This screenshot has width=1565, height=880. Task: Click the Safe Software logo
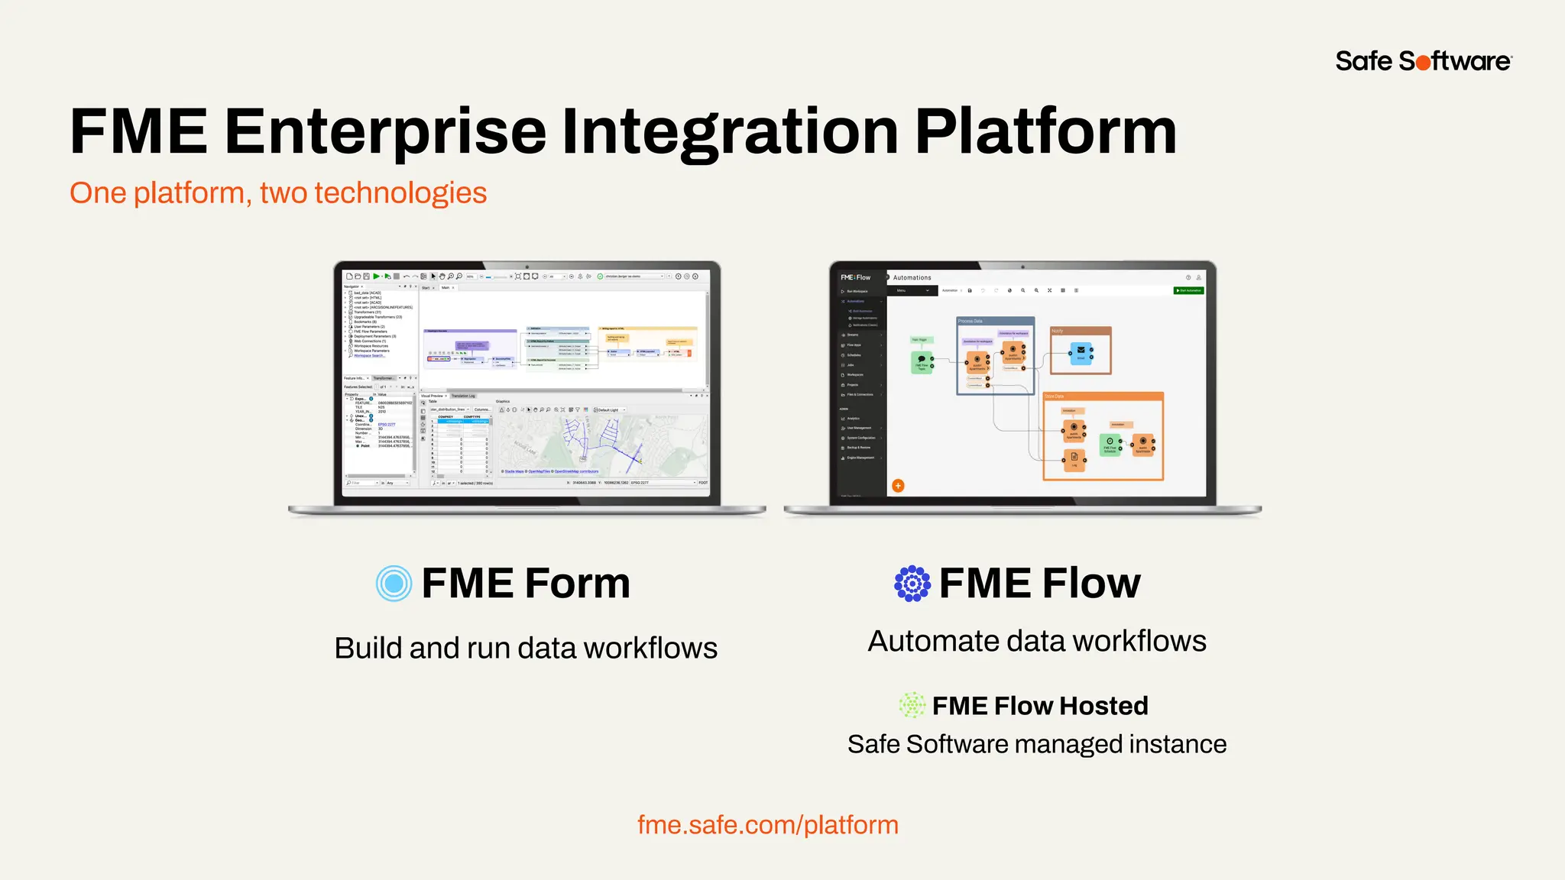[x=1423, y=61]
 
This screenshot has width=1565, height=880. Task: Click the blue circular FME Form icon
[x=394, y=584]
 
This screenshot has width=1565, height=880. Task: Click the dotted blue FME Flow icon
[x=912, y=584]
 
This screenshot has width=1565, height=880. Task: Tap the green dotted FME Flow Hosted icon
[x=912, y=705]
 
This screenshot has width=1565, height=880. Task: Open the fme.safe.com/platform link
[x=767, y=825]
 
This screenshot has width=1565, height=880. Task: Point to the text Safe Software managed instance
[x=1036, y=744]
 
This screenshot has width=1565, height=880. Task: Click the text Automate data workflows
[x=1036, y=641]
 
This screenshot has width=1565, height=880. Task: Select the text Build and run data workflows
[x=526, y=648]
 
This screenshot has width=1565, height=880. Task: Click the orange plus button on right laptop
[x=898, y=486]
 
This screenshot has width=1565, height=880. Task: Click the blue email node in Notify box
[x=1081, y=353]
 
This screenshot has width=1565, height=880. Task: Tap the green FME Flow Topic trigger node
[x=922, y=361]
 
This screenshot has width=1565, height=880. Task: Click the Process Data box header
[x=995, y=321]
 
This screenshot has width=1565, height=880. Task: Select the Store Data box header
[x=1103, y=396]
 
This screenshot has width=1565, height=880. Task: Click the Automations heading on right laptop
[x=912, y=277]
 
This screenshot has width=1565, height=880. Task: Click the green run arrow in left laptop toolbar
[x=376, y=277]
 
